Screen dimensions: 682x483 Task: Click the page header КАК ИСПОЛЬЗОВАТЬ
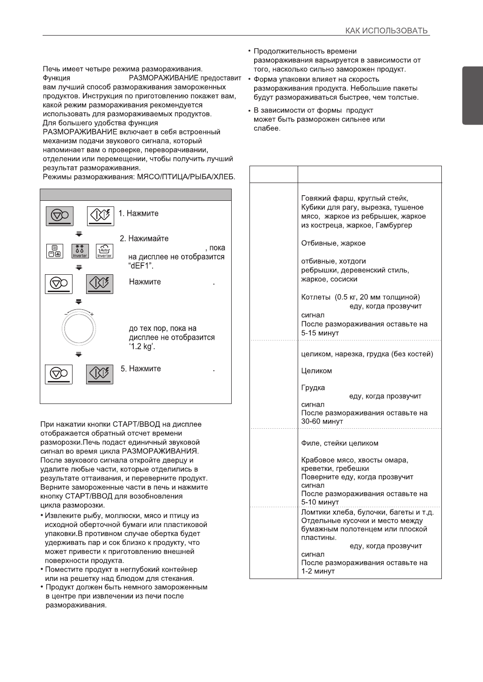coord(386,31)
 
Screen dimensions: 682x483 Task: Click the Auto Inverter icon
coord(104,251)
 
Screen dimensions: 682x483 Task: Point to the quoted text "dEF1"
coord(142,266)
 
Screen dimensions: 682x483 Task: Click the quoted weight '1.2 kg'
coord(142,346)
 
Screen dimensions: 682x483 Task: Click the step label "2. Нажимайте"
coord(144,239)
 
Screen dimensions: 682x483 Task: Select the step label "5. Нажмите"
coord(140,369)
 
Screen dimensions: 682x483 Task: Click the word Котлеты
coord(316,297)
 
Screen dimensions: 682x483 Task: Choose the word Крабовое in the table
coord(318,460)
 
